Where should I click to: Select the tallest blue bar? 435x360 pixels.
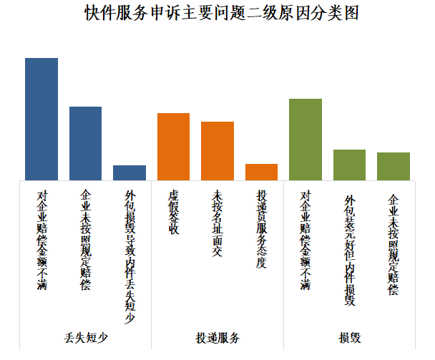41,119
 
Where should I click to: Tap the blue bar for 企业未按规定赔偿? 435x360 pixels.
85,143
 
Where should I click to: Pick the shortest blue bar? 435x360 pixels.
129,172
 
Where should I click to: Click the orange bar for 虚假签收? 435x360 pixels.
173,147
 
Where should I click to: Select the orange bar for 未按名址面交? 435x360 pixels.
217,151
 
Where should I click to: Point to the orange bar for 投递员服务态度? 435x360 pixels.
261,172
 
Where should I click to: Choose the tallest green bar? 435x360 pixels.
306,140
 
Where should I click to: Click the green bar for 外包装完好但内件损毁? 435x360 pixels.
349,165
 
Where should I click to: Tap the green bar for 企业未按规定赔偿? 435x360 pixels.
394,166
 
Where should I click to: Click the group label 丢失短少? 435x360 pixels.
85,338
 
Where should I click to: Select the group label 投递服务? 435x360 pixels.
217,338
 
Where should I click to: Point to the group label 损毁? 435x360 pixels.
349,338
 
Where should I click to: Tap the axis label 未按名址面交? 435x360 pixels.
217,223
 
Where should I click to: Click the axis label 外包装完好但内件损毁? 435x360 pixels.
349,249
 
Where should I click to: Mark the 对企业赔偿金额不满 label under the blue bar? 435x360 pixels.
41,240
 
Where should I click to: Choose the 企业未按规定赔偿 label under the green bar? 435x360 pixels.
394,243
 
